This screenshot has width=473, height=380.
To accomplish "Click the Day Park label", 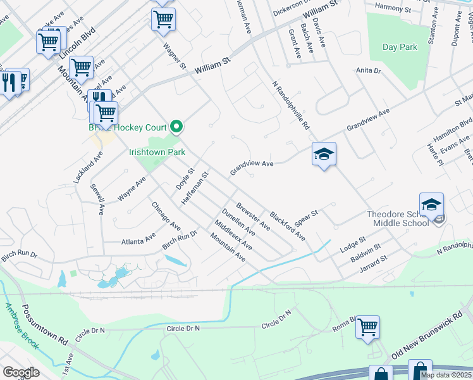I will (400, 47).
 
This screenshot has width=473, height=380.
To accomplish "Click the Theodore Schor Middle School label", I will (401, 218).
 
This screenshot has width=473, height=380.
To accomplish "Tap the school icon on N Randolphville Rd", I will (324, 154).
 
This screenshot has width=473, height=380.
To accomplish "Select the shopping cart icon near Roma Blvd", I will (367, 327).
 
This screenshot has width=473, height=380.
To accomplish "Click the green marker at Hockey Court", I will (177, 127).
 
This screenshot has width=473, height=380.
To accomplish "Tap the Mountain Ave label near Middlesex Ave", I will (228, 247).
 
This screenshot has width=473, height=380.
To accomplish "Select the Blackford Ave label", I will (287, 225).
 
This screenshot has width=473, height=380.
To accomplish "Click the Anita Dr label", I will (368, 71).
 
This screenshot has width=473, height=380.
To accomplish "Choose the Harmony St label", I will (393, 6).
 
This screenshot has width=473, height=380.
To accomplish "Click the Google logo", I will (21, 372).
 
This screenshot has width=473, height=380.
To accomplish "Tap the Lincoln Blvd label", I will (77, 40).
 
